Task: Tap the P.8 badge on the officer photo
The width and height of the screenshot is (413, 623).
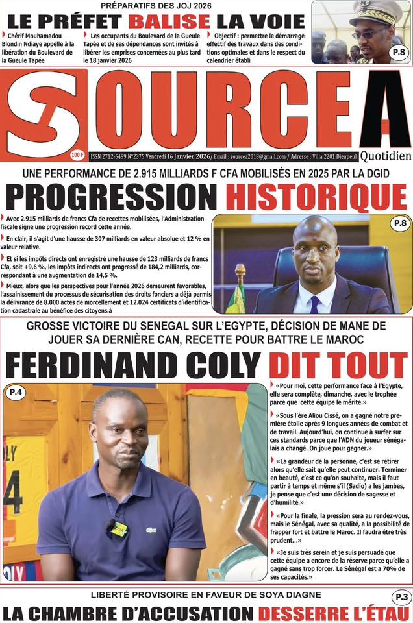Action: coord(398,55)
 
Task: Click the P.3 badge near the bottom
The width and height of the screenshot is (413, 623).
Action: coord(399,596)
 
